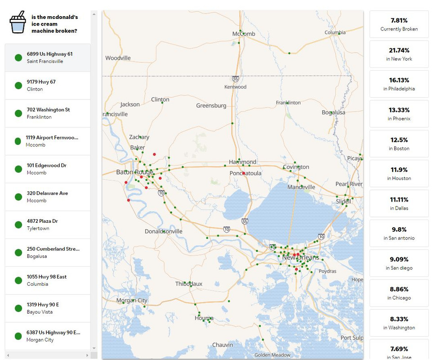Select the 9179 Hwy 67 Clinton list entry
[x=48, y=85]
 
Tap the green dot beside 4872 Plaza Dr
[x=18, y=225]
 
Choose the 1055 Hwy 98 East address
[x=47, y=277]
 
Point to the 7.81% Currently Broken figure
[x=399, y=21]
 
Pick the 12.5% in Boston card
[x=399, y=144]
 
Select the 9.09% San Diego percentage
[x=399, y=259]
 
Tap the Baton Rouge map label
[x=134, y=172]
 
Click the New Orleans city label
[x=300, y=257]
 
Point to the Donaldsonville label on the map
[x=164, y=231]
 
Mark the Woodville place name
[x=118, y=58]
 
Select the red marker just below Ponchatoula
[x=244, y=173]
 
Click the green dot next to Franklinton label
[x=287, y=103]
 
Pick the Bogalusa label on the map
[x=334, y=112]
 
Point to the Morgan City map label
[x=132, y=300]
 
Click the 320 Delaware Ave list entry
[x=48, y=197]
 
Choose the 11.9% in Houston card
[x=399, y=174]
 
